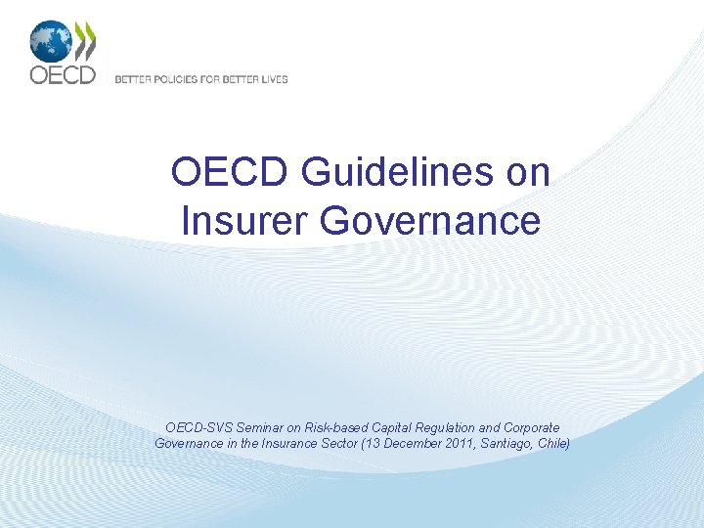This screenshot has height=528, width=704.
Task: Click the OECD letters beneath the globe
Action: point(62,74)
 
